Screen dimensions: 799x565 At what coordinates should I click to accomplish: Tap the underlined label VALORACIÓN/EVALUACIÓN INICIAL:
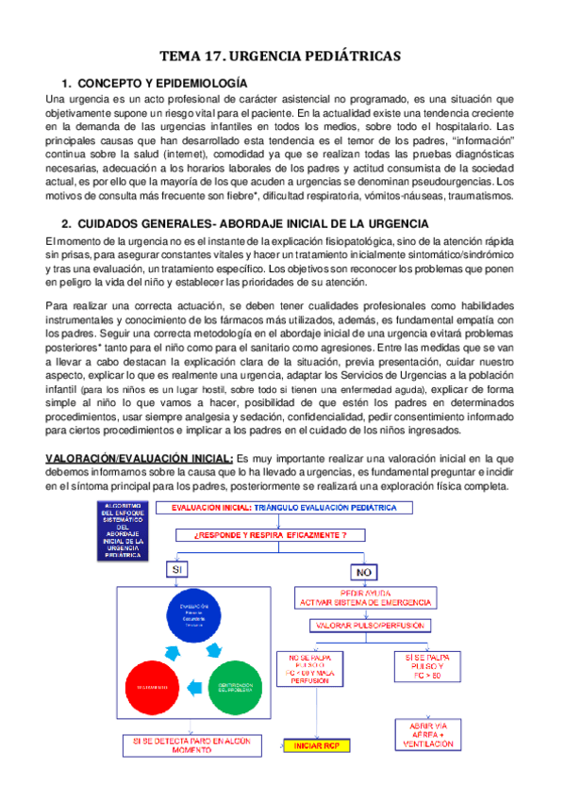click(141, 458)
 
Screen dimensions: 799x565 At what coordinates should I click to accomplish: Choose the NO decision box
click(363, 572)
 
